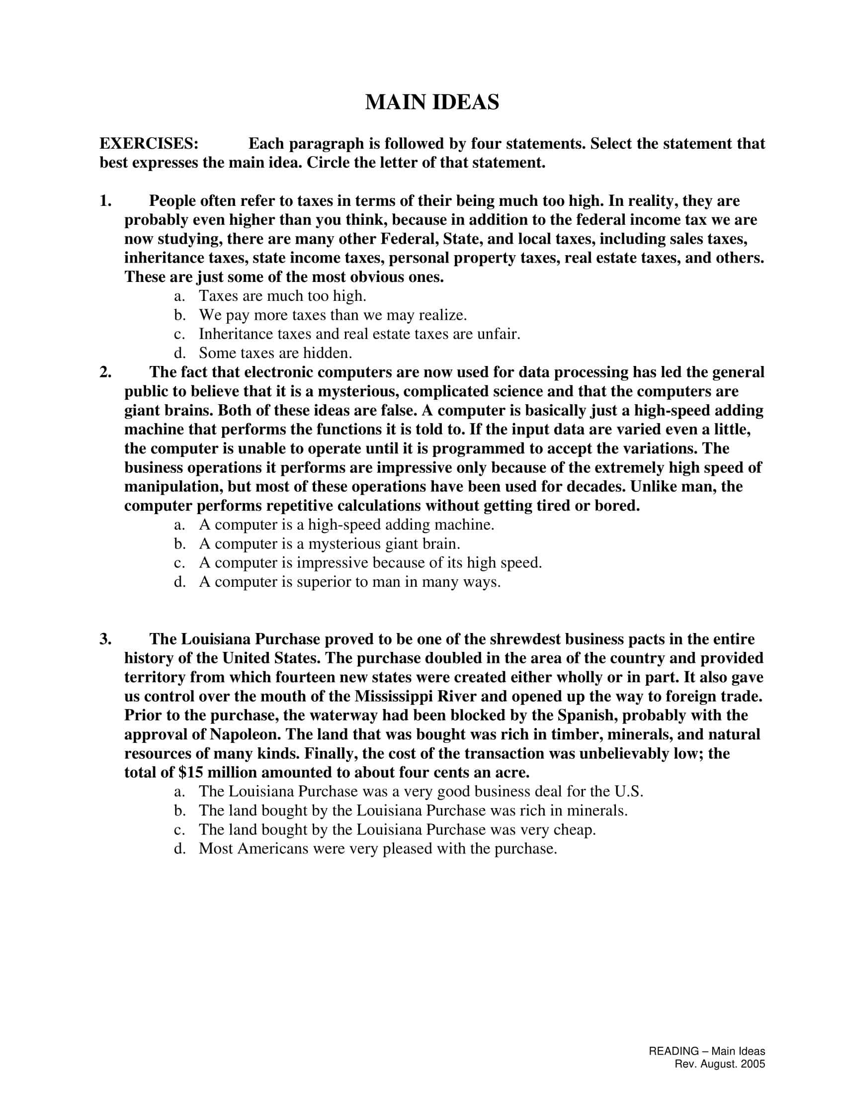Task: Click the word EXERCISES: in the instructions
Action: [149, 144]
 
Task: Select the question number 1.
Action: [105, 201]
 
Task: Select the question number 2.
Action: [105, 372]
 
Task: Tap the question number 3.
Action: [105, 639]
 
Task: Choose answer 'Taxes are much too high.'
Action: [282, 296]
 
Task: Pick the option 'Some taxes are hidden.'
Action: [275, 353]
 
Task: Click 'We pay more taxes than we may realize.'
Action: [333, 315]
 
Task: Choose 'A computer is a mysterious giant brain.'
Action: [330, 544]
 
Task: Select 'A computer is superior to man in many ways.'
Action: [349, 582]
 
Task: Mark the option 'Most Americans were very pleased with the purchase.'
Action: [377, 848]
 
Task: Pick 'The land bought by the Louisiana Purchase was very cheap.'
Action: [397, 829]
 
